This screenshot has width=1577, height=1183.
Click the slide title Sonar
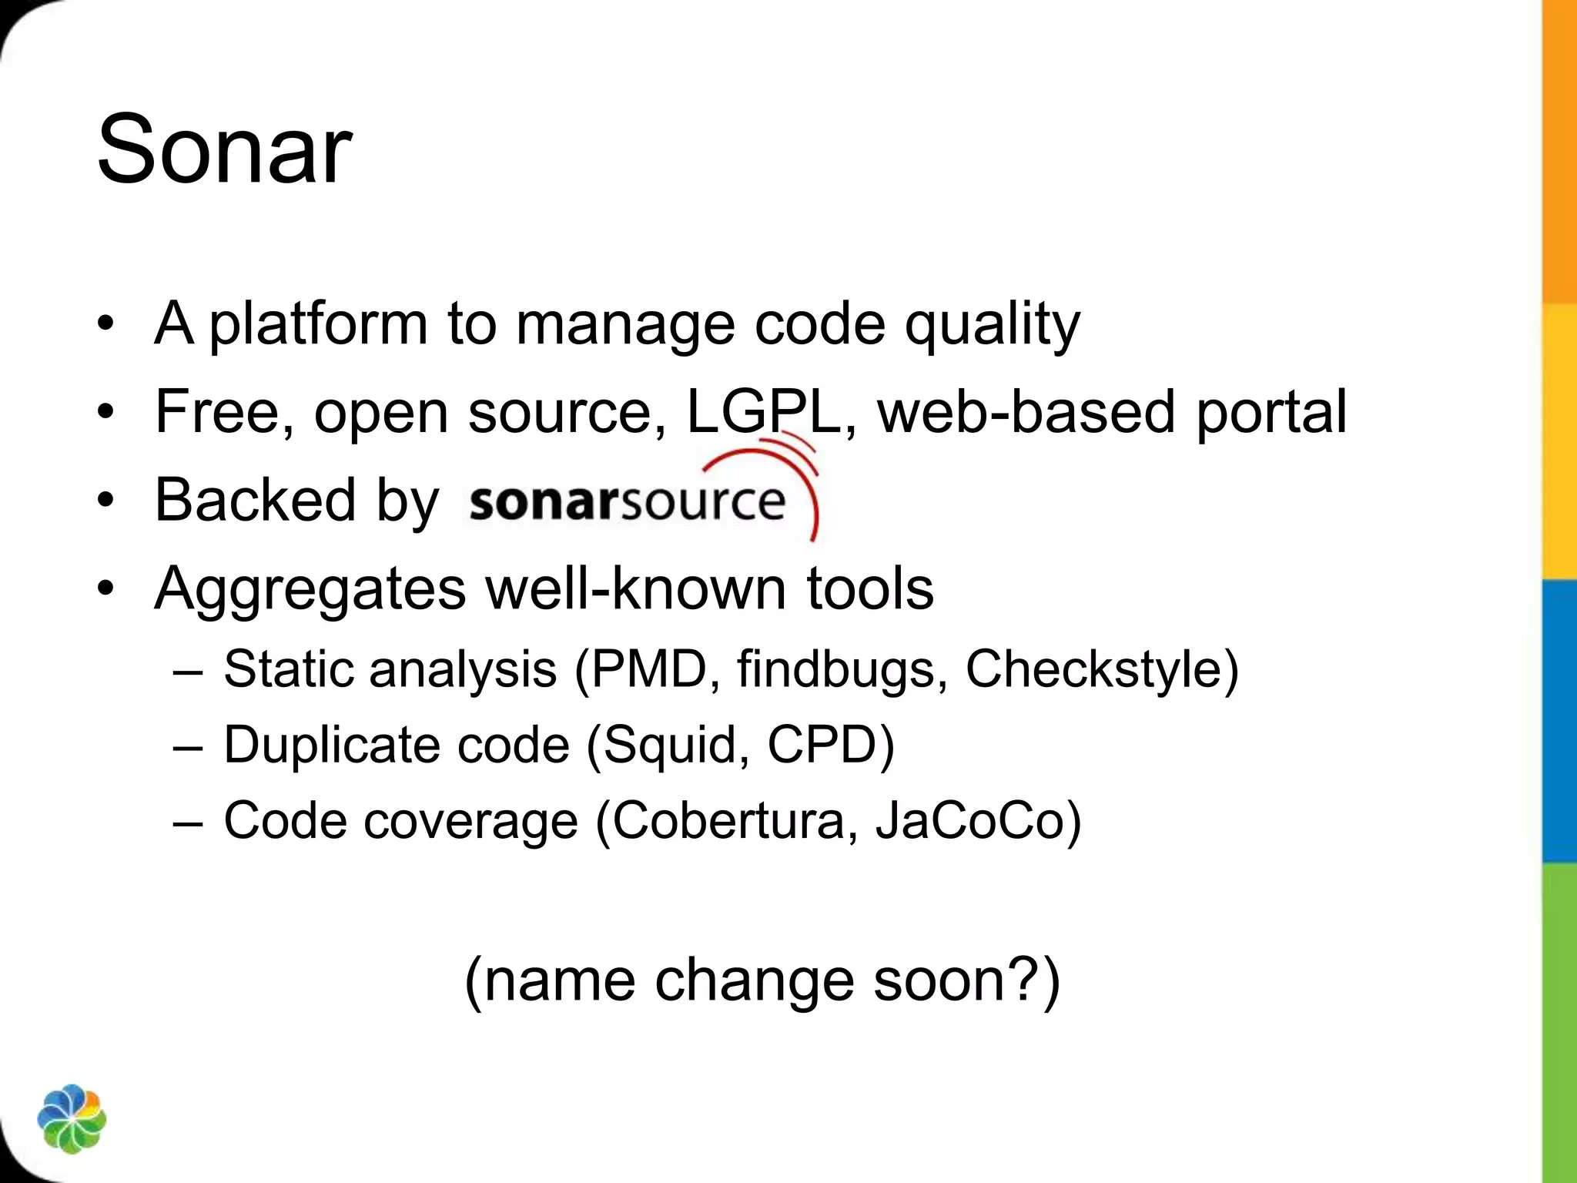click(x=224, y=149)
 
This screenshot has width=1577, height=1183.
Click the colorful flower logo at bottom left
click(x=72, y=1119)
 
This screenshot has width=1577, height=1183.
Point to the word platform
click(x=318, y=324)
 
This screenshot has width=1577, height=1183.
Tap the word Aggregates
click(x=310, y=589)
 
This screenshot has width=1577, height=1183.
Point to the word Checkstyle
click(x=1093, y=669)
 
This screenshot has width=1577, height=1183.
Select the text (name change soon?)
click(x=762, y=980)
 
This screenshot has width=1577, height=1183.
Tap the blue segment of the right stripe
click(x=1559, y=720)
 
